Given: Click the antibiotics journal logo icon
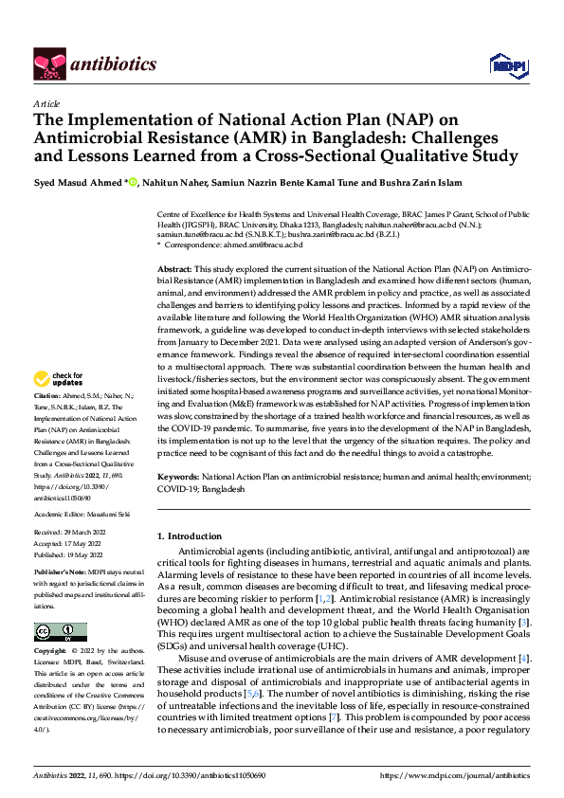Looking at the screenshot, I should coord(47,63).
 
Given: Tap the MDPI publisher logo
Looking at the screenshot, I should coord(505,63).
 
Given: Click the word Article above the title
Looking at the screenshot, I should coord(46,103).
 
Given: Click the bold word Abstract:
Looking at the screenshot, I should coord(174,270).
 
